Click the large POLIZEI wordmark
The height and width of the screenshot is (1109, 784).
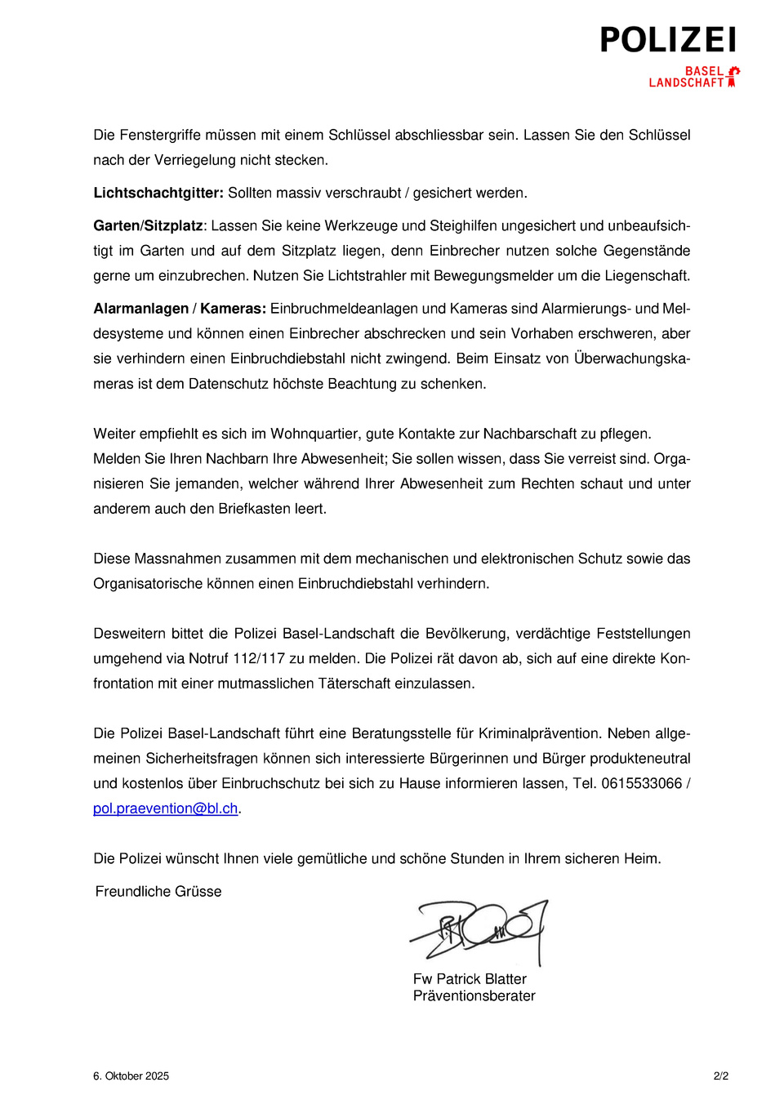pos(668,40)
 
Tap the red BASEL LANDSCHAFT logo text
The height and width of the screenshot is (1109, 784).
pos(687,77)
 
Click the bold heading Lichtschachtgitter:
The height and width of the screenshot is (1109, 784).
pos(158,193)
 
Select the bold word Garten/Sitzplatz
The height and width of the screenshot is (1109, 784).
pos(148,225)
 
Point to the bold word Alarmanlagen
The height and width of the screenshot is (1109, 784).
pos(140,309)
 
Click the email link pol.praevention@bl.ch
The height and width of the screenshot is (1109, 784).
pos(165,808)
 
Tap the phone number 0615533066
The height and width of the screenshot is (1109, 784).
pos(641,783)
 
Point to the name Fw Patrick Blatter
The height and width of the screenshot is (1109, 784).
pos(470,979)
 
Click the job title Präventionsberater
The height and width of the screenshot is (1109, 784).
pos(474,996)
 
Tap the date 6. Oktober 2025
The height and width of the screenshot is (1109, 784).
pos(131,1076)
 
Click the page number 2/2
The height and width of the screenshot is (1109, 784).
pos(720,1076)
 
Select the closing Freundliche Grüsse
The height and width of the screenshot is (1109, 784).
pos(158,892)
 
